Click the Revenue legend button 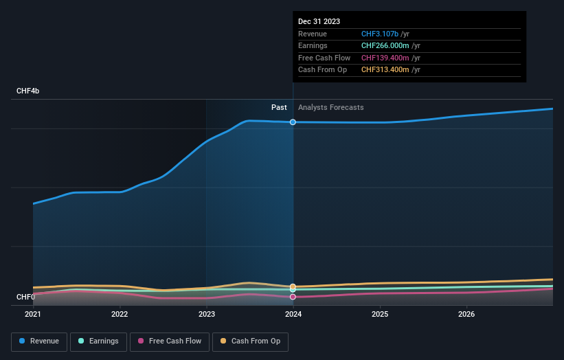39,341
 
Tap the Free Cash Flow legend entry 170,341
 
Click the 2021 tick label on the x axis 33,315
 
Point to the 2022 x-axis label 120,315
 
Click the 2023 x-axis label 207,315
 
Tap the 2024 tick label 293,315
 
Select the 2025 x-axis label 380,315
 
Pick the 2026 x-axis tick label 466,315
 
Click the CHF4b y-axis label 28,91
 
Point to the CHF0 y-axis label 25,297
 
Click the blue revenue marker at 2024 293,122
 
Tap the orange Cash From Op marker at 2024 293,286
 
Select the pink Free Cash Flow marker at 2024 293,297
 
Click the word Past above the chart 279,107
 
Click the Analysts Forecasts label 330,107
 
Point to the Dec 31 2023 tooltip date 319,22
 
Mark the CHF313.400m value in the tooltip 385,69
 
